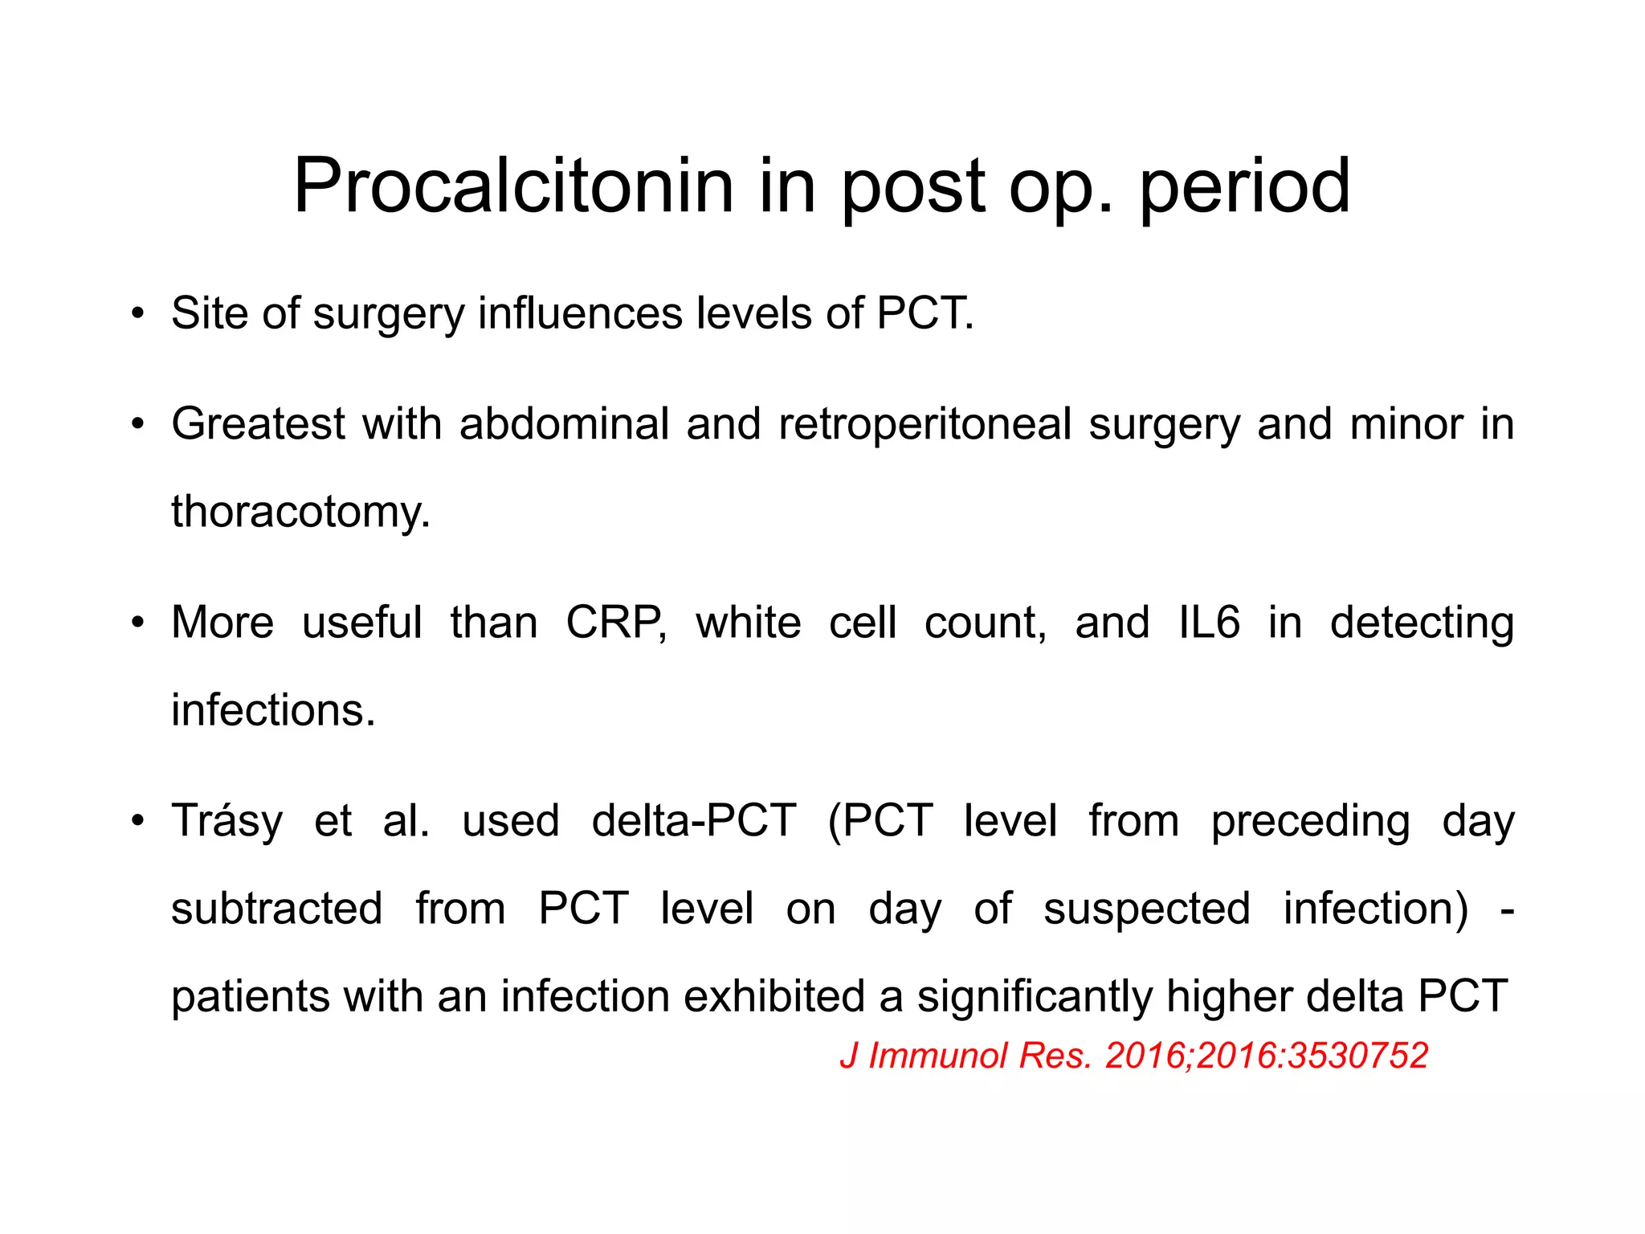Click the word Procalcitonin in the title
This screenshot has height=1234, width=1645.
514,186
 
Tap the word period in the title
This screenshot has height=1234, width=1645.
1244,186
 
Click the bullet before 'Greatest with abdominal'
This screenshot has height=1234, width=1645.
138,423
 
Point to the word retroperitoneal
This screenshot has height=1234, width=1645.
925,423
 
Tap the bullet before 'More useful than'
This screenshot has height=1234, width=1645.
138,622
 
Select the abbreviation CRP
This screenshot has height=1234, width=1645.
615,622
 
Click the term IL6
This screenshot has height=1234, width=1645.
1209,622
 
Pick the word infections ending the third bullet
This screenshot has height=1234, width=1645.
273,710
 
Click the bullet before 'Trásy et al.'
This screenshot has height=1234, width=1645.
138,820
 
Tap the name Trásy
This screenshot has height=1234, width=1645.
227,820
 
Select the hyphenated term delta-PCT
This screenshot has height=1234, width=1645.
694,820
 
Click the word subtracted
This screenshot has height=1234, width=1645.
276,909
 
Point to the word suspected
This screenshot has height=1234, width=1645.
1146,909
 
